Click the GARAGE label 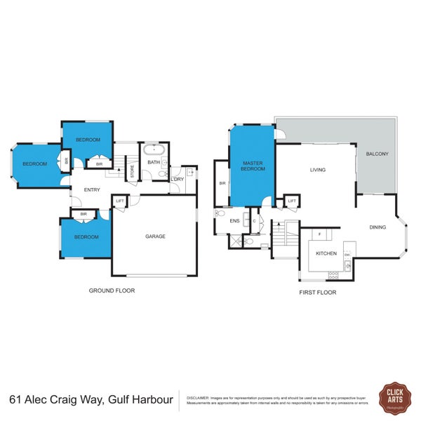[155, 236]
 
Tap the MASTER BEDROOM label [252, 166]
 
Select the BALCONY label [377, 154]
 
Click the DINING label [378, 227]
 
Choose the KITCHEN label [326, 253]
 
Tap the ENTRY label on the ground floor [92, 189]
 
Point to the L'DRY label [177, 180]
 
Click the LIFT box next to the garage [120, 201]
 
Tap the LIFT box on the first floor [291, 201]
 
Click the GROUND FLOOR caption [112, 290]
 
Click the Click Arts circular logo [394, 398]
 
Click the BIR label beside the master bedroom [222, 184]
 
